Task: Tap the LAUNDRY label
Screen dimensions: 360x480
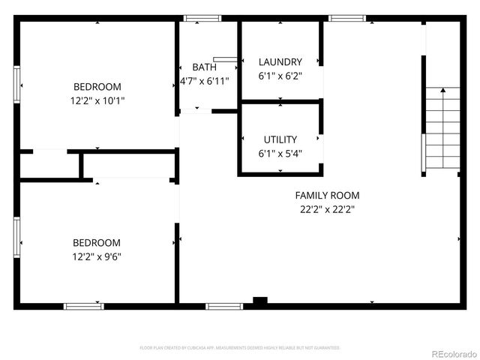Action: [x=280, y=61]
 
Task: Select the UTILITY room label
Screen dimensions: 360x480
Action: [x=280, y=139]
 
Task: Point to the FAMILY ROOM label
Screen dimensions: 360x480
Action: [x=327, y=196]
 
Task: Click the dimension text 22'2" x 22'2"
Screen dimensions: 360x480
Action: [x=327, y=210]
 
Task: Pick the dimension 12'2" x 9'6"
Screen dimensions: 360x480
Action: [x=96, y=256]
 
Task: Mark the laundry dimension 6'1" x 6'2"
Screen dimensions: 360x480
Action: [x=280, y=76]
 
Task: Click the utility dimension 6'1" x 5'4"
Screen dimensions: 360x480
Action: [x=280, y=154]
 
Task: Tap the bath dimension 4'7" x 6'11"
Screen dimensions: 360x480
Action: [x=204, y=80]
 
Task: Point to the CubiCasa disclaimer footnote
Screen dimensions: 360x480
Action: [x=240, y=348]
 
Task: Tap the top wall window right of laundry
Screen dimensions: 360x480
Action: [x=347, y=18]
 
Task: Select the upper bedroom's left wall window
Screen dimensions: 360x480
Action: [x=16, y=83]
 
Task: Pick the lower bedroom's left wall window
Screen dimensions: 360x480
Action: [x=16, y=238]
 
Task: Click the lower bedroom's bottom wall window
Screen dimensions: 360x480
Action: [x=83, y=306]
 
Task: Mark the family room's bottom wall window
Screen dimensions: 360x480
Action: [x=224, y=306]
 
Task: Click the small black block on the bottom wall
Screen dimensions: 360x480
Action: [x=260, y=301]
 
